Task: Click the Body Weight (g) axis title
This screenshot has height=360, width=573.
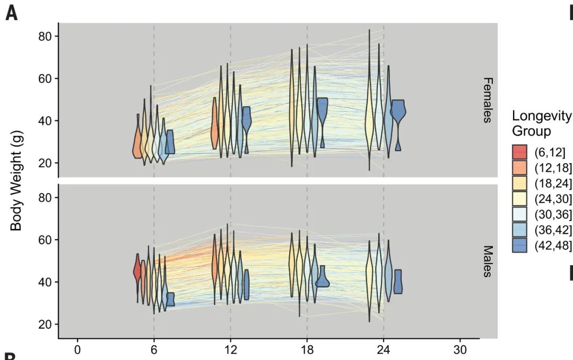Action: pyautogui.click(x=16, y=181)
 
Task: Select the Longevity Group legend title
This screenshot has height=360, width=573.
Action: pyautogui.click(x=542, y=123)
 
